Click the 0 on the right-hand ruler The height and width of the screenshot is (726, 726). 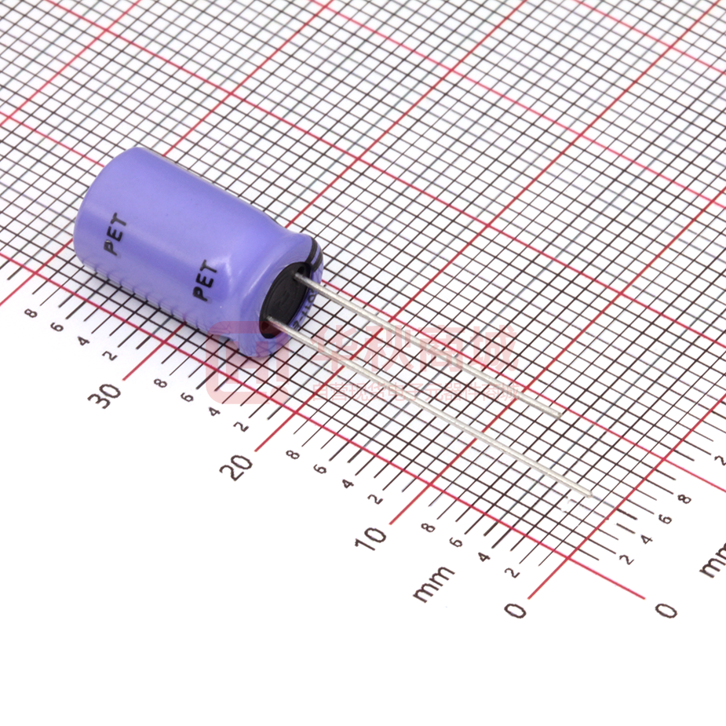(666, 609)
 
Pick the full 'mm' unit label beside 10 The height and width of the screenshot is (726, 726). (433, 583)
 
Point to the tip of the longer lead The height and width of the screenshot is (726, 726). (589, 494)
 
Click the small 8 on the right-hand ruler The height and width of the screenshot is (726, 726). (684, 498)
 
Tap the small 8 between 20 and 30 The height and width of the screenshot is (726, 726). (159, 385)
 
